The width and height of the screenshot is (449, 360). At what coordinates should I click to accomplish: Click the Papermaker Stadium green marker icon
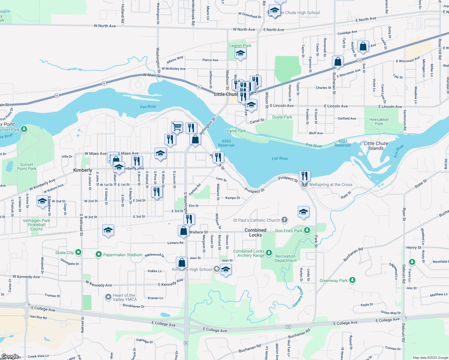[x=98, y=255]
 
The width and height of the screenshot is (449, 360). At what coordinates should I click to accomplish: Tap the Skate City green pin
[x=78, y=252]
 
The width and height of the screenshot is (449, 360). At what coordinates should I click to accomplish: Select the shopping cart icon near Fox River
[x=177, y=127]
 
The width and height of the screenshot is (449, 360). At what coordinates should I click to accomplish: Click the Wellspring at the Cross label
[x=330, y=185]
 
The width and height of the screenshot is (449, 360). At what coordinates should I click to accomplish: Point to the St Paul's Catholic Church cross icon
[x=285, y=220]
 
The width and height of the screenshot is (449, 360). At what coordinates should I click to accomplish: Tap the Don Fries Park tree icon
[x=307, y=230]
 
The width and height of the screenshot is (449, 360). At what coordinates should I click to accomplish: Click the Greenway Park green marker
[x=352, y=280]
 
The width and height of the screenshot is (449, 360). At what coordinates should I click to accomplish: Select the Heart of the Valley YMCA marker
[x=108, y=297]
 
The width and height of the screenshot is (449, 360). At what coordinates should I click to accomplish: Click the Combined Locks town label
[x=255, y=232]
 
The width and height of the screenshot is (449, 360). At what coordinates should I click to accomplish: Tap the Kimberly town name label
[x=83, y=170]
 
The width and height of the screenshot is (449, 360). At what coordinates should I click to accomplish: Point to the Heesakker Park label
[x=379, y=121]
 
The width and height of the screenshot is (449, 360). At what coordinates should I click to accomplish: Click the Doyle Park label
[x=282, y=117]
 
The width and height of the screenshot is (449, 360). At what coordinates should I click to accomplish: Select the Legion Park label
[x=240, y=46]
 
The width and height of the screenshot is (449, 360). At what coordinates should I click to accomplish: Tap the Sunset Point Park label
[x=27, y=166]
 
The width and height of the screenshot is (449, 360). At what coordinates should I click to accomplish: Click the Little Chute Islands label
[x=376, y=146]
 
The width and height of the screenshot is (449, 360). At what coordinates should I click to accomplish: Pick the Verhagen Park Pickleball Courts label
[x=37, y=225]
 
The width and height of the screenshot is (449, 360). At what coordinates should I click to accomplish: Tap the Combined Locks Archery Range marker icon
[x=269, y=253]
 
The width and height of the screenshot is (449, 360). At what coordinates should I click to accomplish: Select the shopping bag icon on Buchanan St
[x=338, y=61]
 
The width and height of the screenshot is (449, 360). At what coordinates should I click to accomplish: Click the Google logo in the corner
[x=10, y=356]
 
